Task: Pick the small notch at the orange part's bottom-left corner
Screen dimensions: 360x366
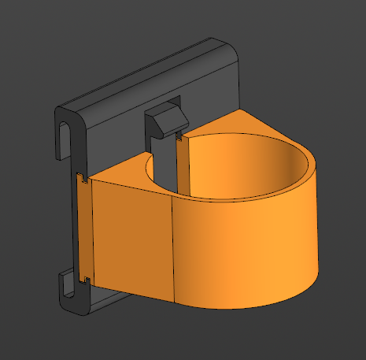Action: (x=84, y=279)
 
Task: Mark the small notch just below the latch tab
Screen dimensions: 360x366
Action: (x=180, y=139)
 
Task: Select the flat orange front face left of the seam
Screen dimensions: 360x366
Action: (x=131, y=236)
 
